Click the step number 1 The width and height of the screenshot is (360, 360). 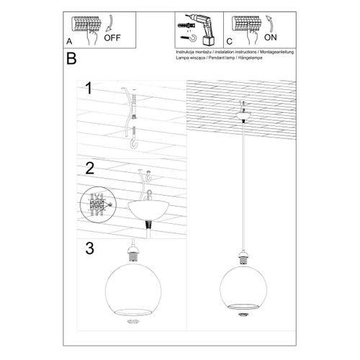coord(89,89)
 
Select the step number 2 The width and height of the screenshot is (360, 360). coord(89,169)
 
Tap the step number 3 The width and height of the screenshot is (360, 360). coord(89,249)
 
